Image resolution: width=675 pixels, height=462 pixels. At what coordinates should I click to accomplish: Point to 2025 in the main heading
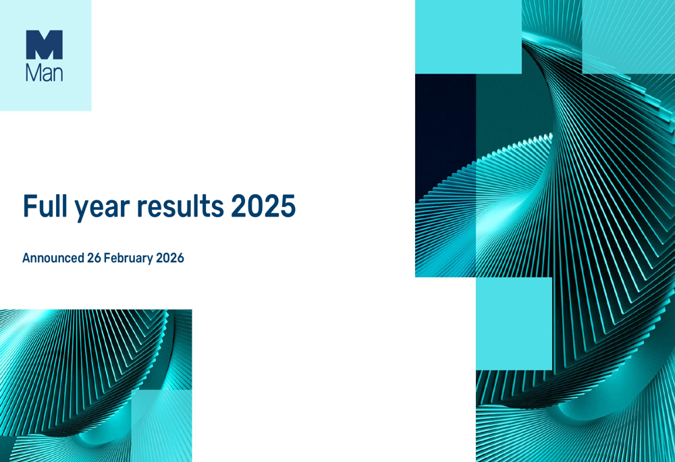coord(264,206)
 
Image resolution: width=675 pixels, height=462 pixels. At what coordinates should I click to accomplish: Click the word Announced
coord(53,258)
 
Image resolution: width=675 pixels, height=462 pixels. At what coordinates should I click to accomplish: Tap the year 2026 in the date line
coord(171,258)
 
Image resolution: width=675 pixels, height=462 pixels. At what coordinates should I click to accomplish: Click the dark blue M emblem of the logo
coord(45,45)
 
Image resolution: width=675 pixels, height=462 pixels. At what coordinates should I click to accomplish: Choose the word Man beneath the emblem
coord(45,72)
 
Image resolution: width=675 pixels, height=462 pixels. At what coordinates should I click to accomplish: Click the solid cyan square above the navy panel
coord(468,36)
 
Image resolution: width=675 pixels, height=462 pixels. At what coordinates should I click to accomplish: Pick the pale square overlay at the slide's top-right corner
coord(628,36)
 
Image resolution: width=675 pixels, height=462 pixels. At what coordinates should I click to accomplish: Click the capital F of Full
coord(29,206)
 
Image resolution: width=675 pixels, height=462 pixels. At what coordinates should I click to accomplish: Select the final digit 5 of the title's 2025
coord(288,206)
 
